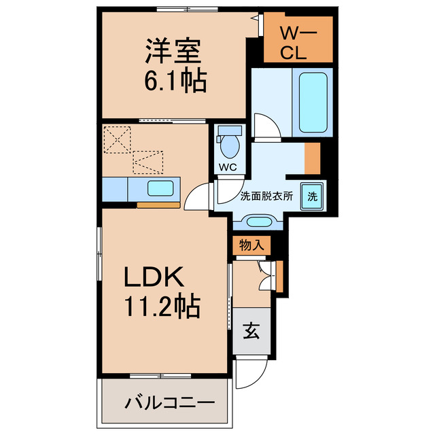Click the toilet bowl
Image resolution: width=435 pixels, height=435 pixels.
(x=229, y=143)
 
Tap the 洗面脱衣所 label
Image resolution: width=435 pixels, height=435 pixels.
(x=266, y=196)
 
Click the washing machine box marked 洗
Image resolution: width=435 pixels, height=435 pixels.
(x=312, y=196)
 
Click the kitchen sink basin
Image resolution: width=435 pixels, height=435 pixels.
(x=162, y=188)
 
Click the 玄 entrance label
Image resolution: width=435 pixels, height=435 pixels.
(x=251, y=331)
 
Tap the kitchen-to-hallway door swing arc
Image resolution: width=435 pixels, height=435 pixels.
(x=198, y=198)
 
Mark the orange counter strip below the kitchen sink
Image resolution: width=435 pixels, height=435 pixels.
(x=158, y=203)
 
